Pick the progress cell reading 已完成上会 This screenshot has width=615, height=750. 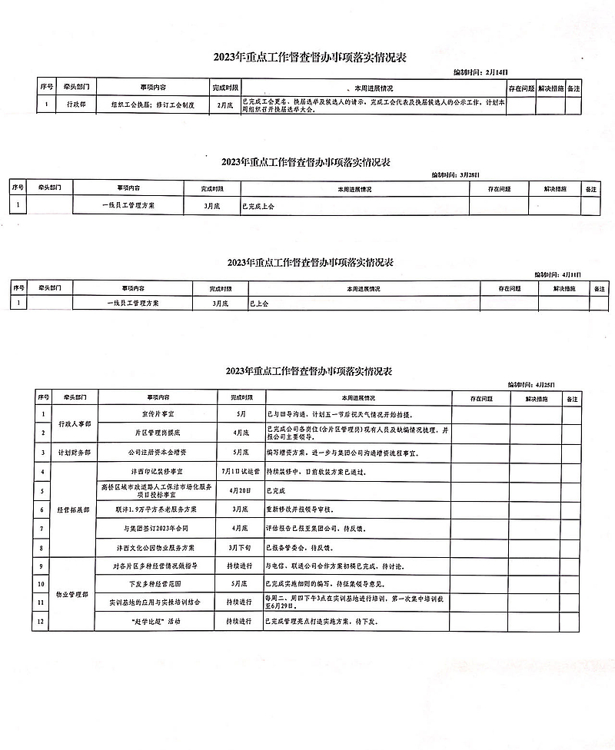[258, 206]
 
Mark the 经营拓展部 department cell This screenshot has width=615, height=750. [74, 509]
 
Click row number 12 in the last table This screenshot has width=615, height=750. [43, 620]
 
